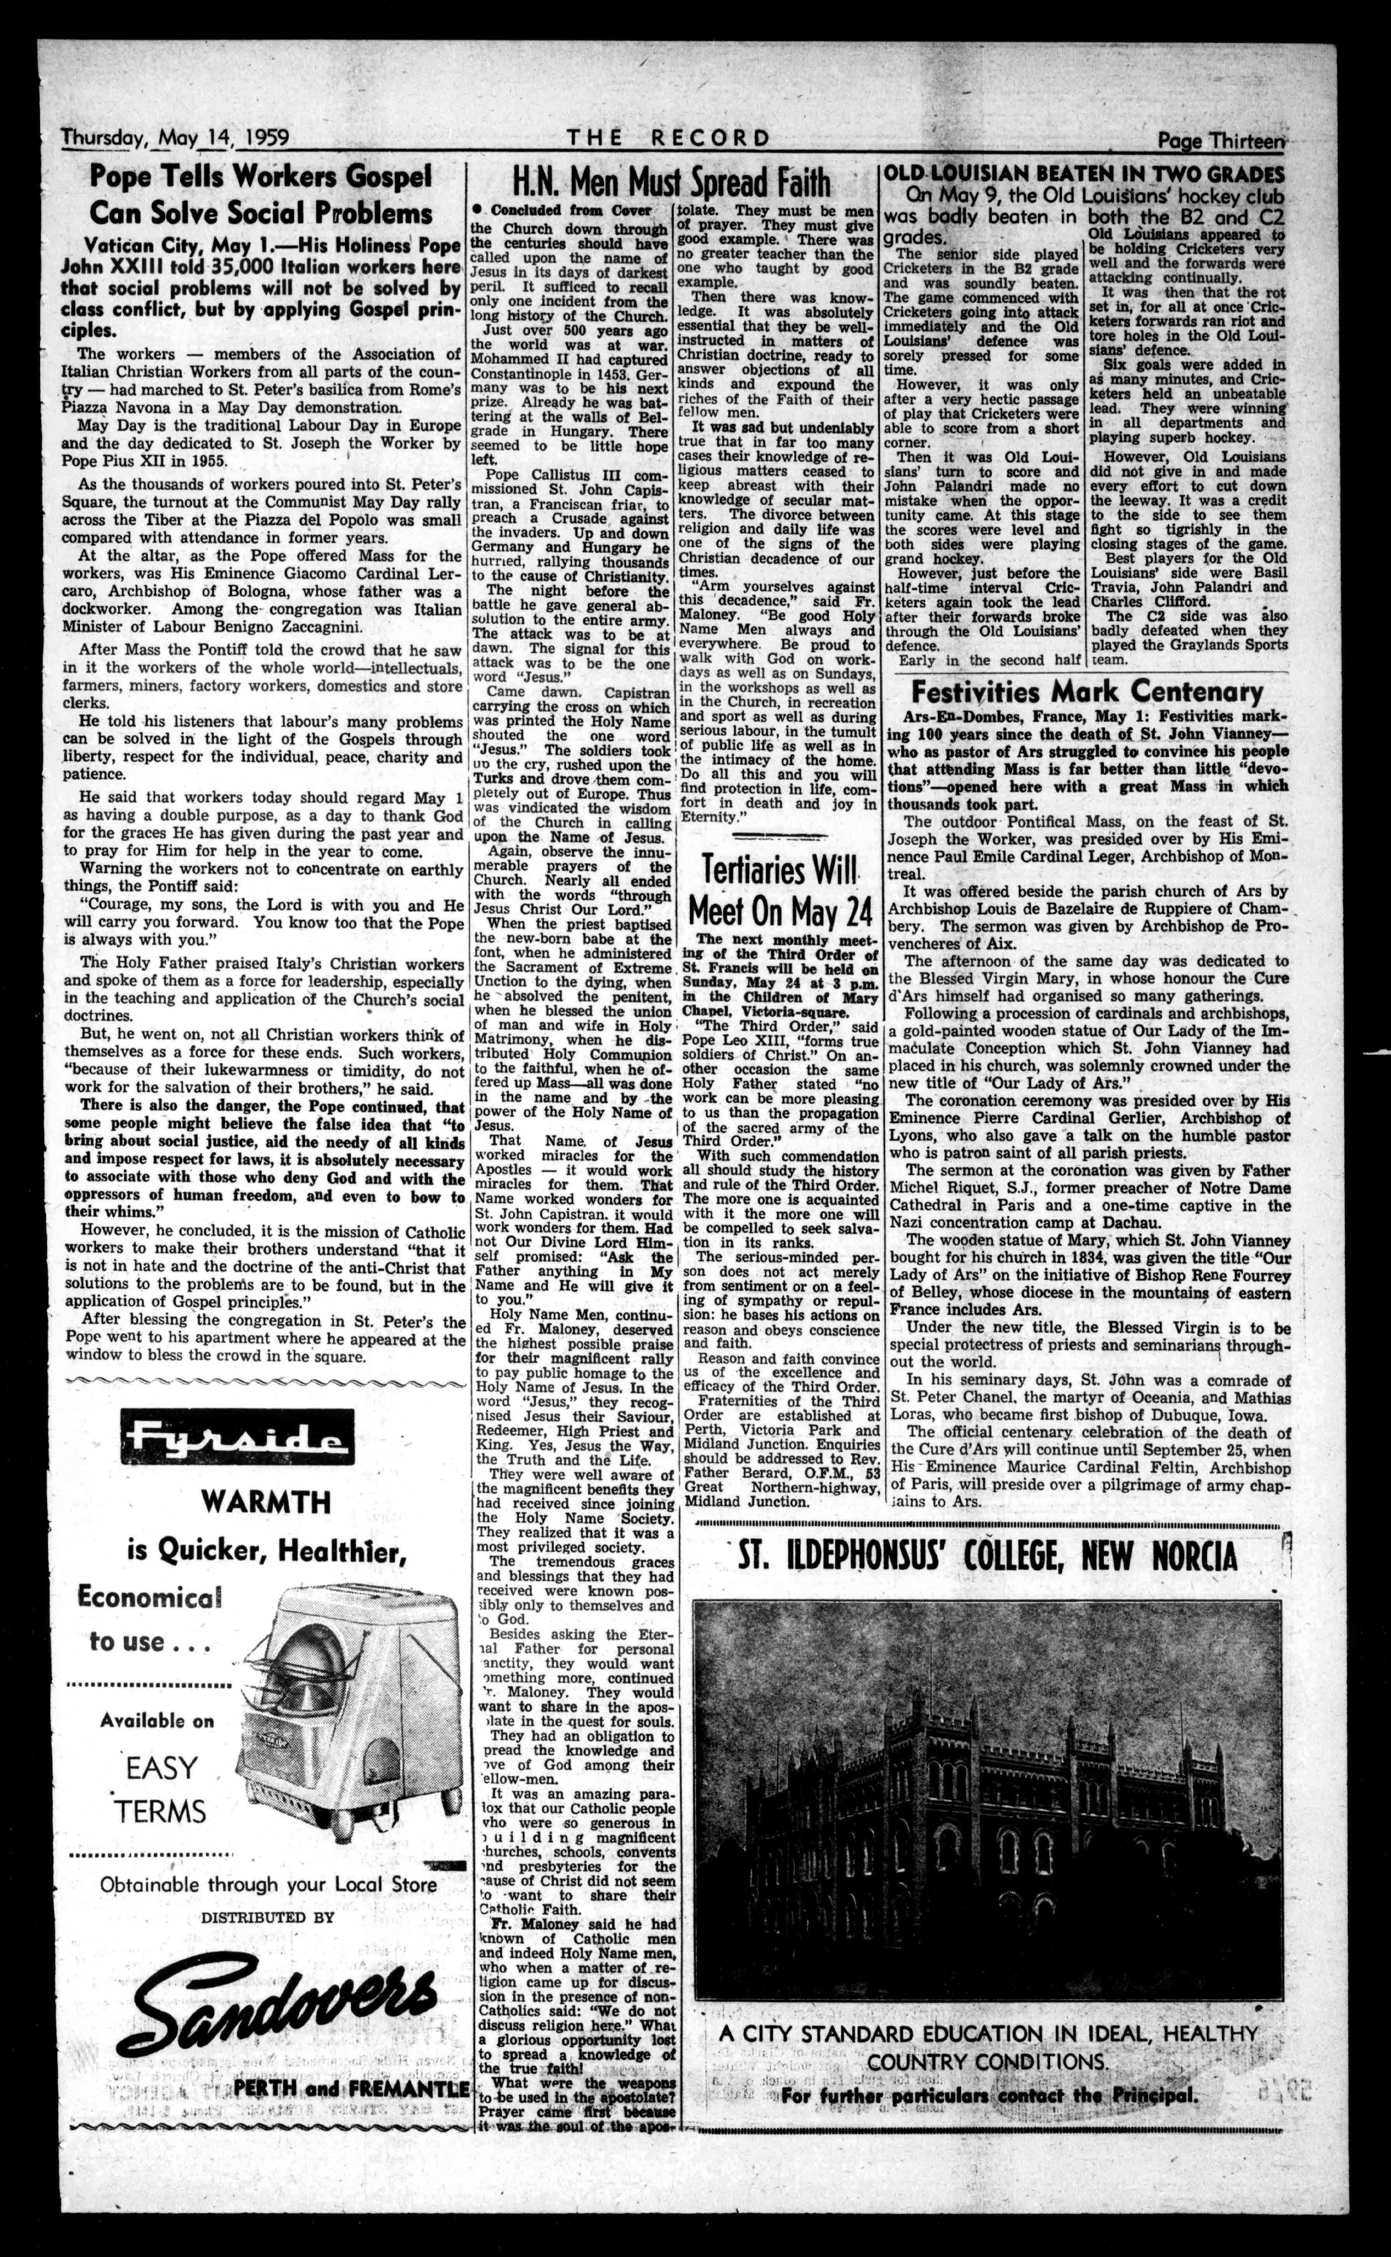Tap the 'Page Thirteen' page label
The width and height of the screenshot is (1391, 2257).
pos(1221,140)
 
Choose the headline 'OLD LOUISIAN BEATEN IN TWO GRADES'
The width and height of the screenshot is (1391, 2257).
pos(1084,174)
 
